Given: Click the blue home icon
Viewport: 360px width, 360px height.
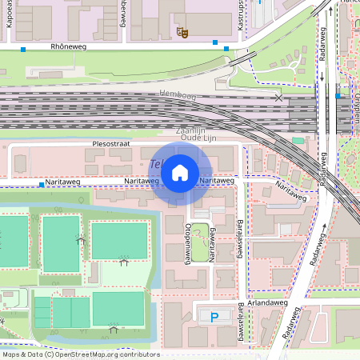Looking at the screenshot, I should [180, 172].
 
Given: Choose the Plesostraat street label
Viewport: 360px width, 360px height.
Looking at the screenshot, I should [110, 144].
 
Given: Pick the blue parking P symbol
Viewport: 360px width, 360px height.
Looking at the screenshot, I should [214, 318].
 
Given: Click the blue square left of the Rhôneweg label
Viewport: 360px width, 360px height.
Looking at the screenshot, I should [23, 50].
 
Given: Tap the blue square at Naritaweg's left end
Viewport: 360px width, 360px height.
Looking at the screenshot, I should [41, 185].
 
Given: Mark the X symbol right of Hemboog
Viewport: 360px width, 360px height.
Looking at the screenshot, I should [278, 98].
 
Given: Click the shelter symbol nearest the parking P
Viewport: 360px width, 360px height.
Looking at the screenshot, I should [114, 327].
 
